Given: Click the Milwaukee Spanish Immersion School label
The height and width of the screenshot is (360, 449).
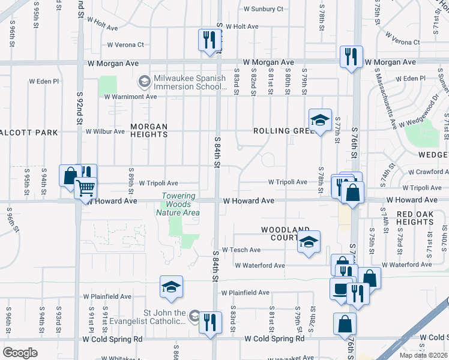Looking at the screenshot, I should pyautogui.click(x=189, y=82).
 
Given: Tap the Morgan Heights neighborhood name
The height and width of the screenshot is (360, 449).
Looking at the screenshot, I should pyautogui.click(x=149, y=131).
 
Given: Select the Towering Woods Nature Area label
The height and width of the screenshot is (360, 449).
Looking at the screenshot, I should pyautogui.click(x=178, y=204).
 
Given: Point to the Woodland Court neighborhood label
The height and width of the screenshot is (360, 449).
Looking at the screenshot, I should pyautogui.click(x=285, y=233).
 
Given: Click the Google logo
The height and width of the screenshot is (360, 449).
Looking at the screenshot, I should pyautogui.click(x=20, y=352).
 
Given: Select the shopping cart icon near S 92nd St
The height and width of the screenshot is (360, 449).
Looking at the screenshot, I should pyautogui.click(x=85, y=188).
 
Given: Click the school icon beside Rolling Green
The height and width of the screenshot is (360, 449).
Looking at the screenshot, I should pyautogui.click(x=320, y=119).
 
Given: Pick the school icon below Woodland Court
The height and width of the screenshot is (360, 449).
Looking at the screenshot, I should pyautogui.click(x=309, y=242).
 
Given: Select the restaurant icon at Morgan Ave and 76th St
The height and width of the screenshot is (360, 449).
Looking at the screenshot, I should pyautogui.click(x=351, y=57).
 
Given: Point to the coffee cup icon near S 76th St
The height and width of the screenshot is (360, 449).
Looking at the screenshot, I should pyautogui.click(x=341, y=289).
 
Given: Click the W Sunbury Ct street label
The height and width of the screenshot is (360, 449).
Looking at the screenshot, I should pyautogui.click(x=264, y=9).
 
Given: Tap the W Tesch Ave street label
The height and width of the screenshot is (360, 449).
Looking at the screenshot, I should pyautogui.click(x=241, y=250).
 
